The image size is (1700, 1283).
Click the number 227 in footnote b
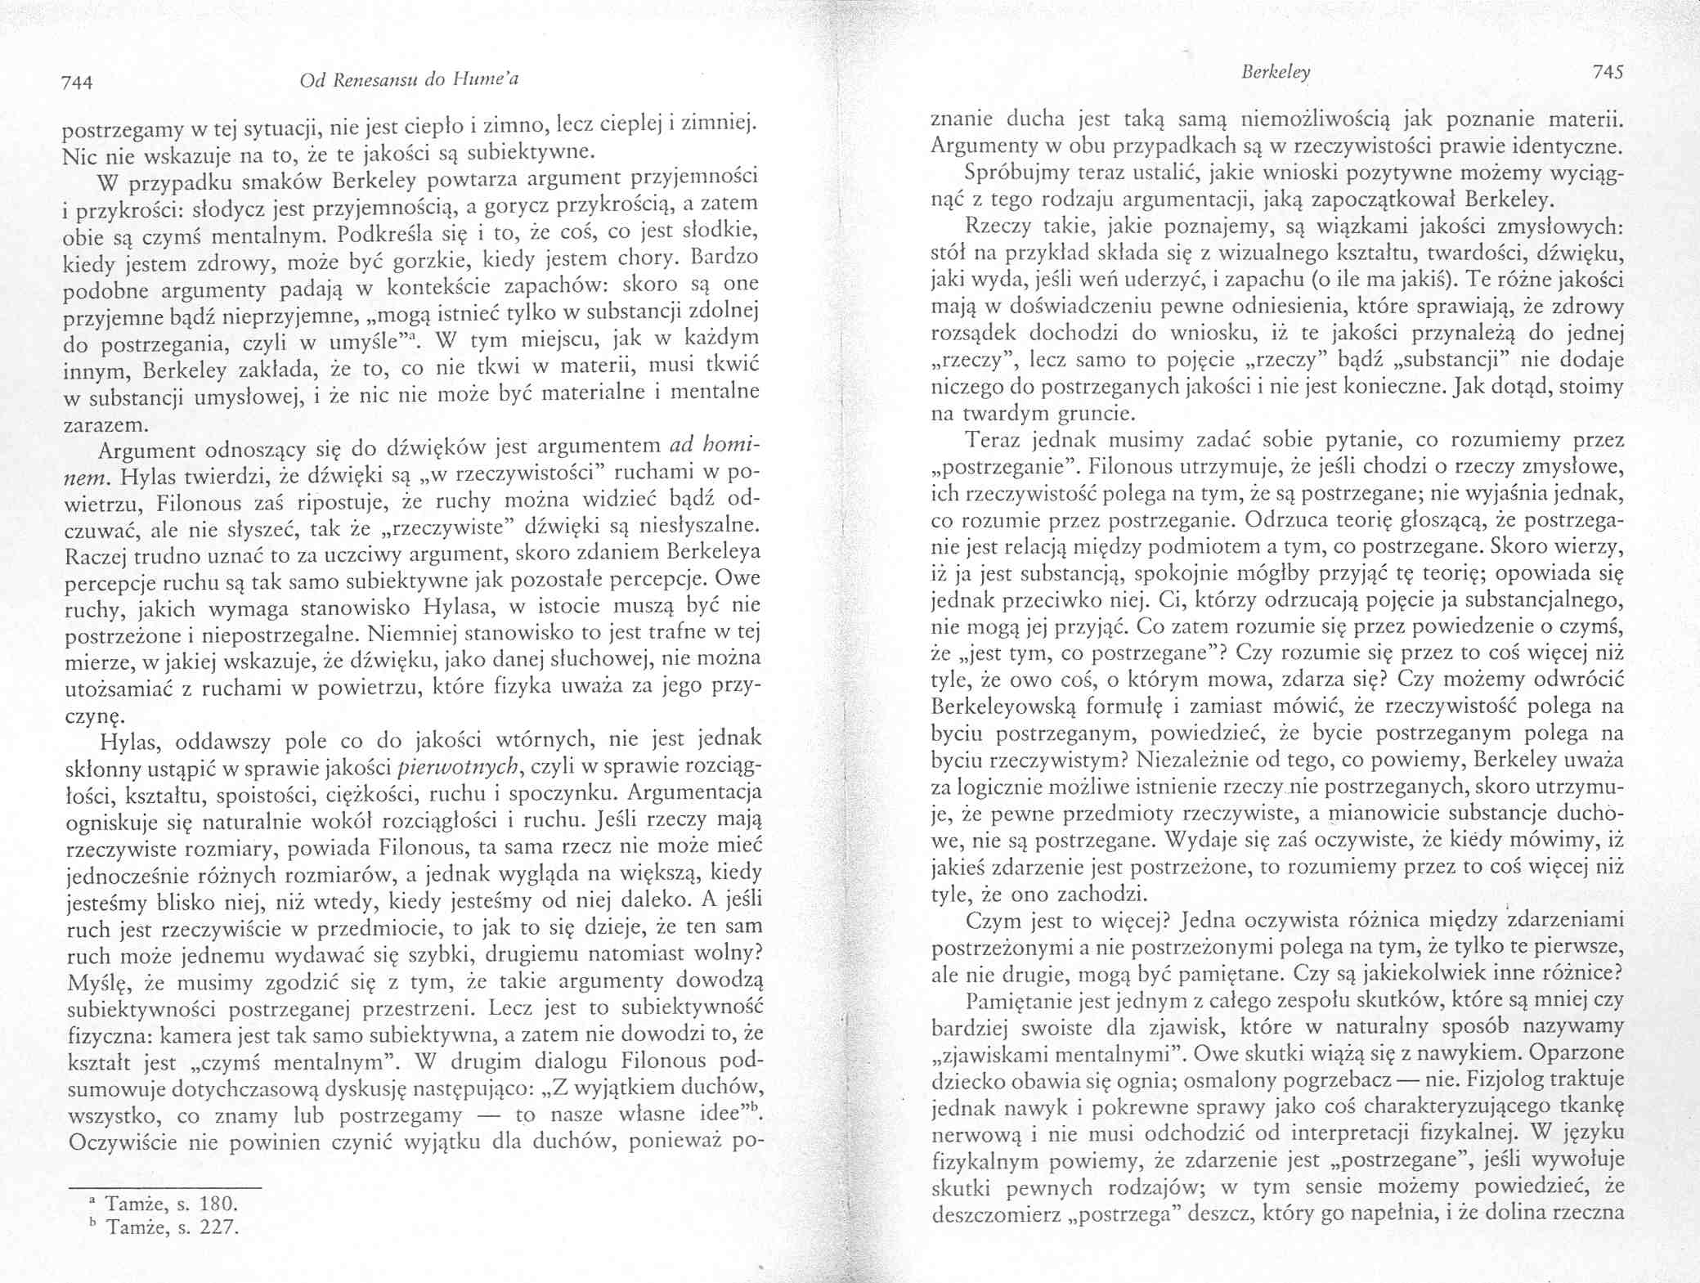pos(212,1227)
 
